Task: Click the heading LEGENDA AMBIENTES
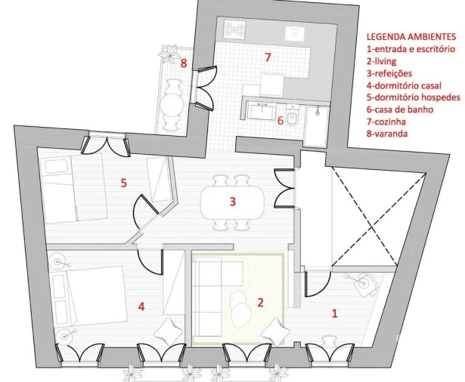[x=411, y=35]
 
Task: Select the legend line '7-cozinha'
[x=386, y=122]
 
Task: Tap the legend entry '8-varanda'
[x=386, y=134]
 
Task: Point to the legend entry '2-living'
[x=382, y=61]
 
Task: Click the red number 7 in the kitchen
[x=267, y=57]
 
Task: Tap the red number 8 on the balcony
[x=183, y=63]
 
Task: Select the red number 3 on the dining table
[x=233, y=202]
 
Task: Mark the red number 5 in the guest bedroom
[x=123, y=182]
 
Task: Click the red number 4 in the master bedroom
[x=141, y=307]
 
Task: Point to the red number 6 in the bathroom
[x=280, y=119]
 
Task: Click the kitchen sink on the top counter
[x=293, y=33]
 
